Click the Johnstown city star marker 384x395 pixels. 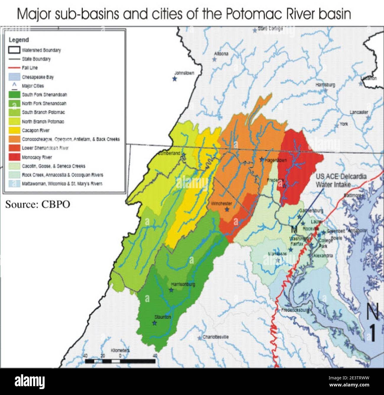point(175,79)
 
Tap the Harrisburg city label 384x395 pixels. point(325,85)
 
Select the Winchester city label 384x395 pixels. point(221,204)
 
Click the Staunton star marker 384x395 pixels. point(154,323)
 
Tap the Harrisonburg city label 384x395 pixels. point(183,284)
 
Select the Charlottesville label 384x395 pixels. point(215,337)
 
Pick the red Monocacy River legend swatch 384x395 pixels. point(14,157)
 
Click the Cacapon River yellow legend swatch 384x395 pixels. point(14,130)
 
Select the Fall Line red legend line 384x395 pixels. point(14,68)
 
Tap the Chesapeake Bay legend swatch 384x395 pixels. point(14,77)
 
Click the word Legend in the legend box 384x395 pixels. point(19,40)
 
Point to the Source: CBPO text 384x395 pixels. point(38,204)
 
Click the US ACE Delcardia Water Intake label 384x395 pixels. point(341,180)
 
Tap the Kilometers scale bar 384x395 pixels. point(120,361)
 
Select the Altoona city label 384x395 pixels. point(221,54)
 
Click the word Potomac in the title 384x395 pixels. point(247,14)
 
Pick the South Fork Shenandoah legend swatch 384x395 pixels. point(14,95)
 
